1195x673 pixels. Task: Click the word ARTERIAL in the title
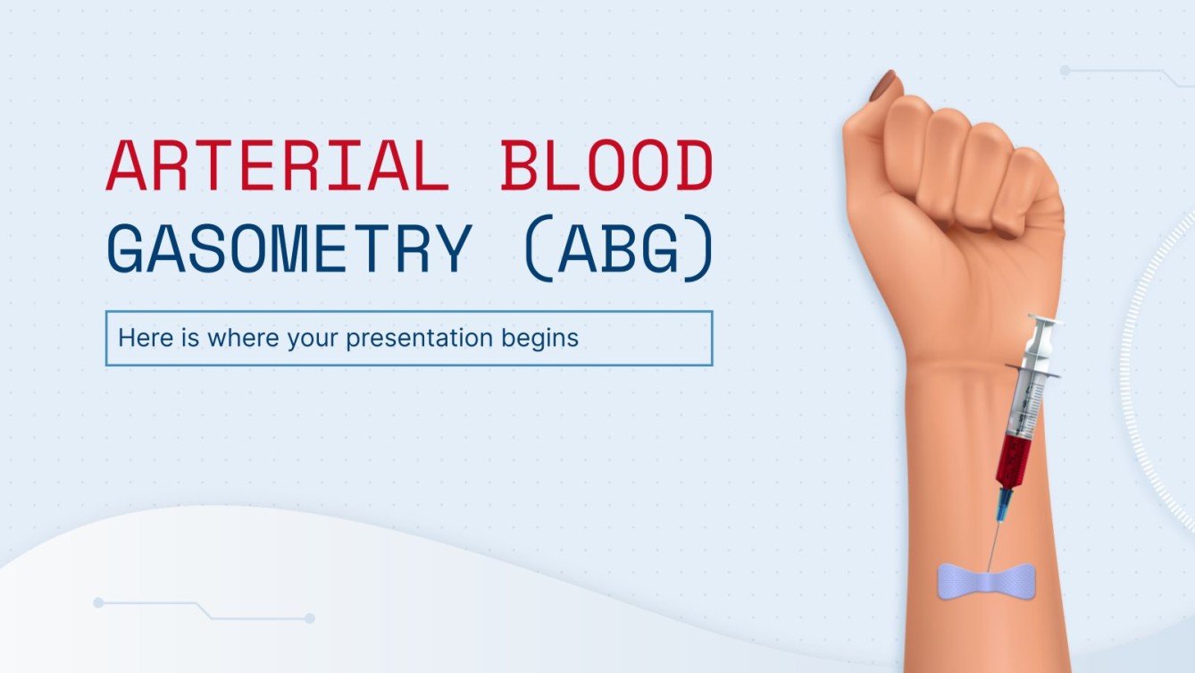[277, 167]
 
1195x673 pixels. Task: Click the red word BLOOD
[606, 167]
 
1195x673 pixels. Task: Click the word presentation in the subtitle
[418, 339]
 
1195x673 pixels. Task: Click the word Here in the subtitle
[138, 339]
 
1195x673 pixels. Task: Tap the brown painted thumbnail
[884, 87]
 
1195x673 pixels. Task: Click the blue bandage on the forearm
[986, 579]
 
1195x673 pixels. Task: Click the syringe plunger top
[1041, 320]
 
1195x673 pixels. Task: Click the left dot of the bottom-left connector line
[98, 603]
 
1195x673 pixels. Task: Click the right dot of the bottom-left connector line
[309, 618]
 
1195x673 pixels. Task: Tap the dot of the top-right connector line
[1065, 70]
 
